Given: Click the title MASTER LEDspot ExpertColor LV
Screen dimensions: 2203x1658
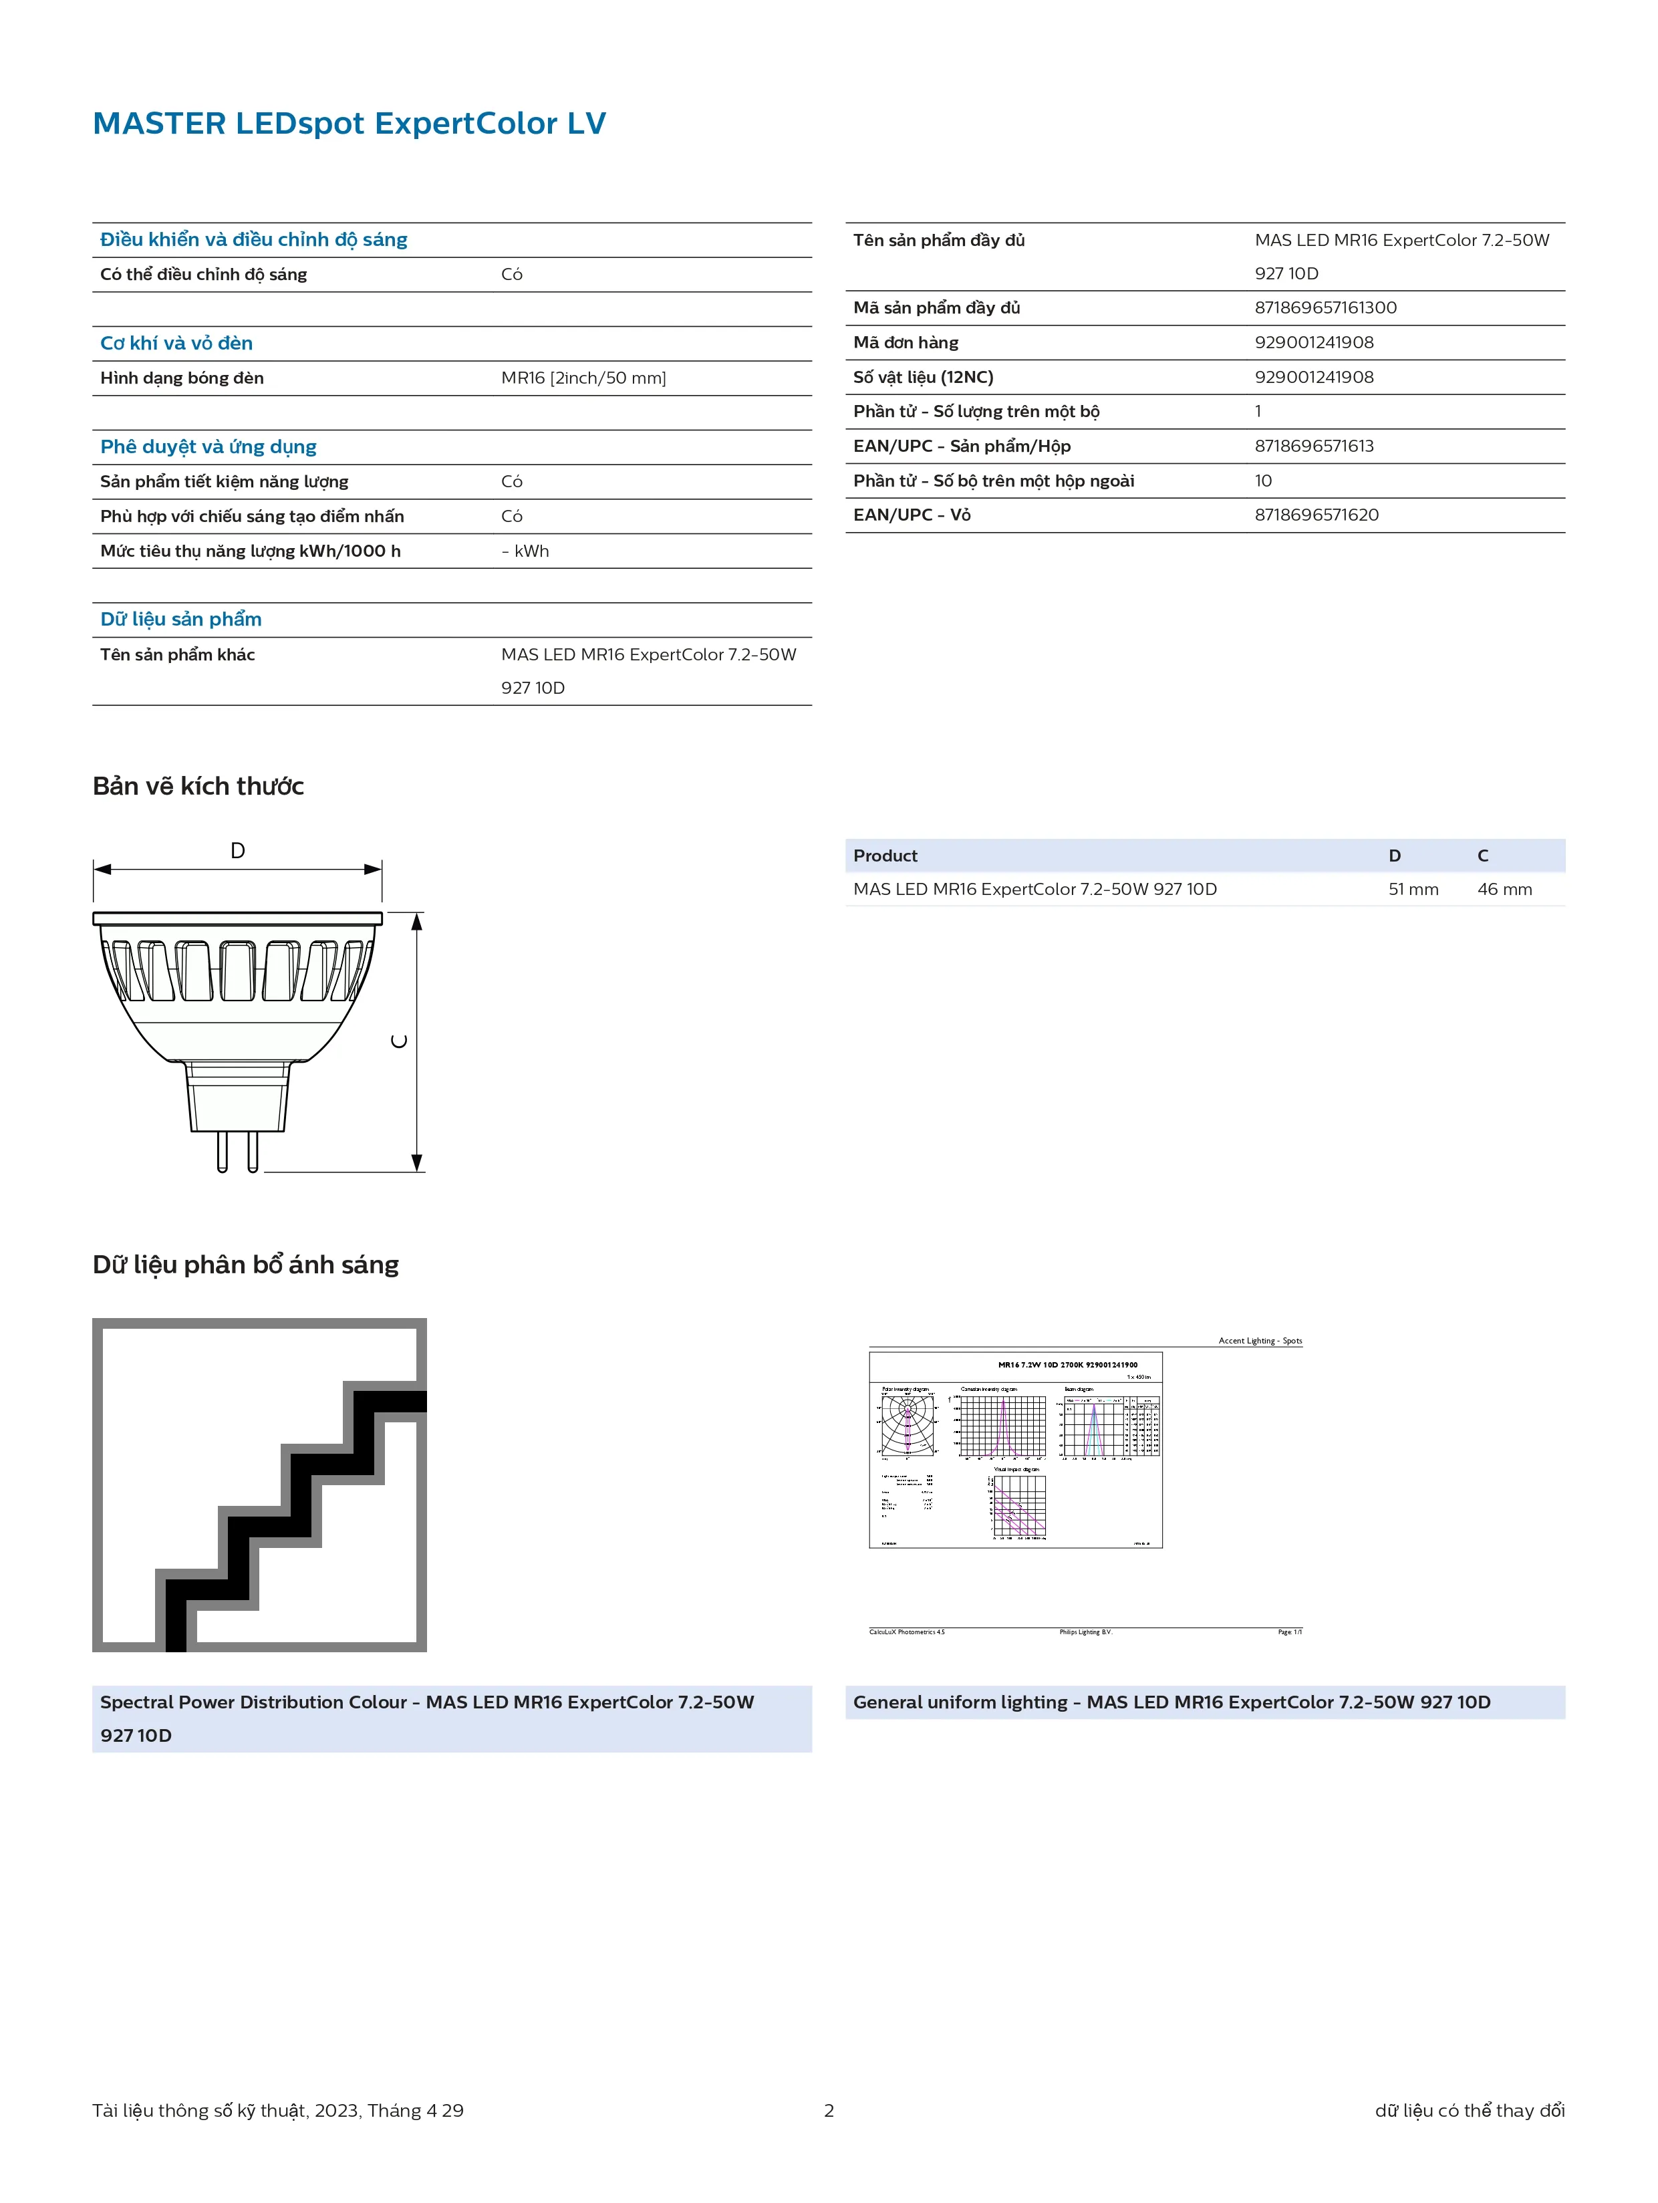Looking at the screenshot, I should tap(349, 124).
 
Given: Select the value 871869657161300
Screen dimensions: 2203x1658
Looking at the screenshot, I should tap(1325, 307).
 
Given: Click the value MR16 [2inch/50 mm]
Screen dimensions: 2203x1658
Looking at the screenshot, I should tap(583, 378).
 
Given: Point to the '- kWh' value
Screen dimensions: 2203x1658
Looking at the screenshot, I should tap(525, 551).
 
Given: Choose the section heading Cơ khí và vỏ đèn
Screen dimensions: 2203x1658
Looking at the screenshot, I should tap(176, 344).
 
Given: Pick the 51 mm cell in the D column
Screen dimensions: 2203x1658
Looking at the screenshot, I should tap(1412, 890).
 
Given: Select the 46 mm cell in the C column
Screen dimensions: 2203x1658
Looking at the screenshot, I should tap(1504, 890).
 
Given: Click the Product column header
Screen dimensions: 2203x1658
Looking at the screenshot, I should tap(885, 856).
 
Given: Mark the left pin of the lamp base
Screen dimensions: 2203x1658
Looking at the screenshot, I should tap(222, 1152).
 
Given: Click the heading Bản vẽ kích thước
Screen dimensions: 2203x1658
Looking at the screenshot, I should tap(198, 787).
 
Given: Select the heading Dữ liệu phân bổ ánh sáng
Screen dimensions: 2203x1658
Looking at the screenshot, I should tap(245, 1265).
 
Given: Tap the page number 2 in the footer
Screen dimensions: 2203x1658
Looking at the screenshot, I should tap(829, 2110).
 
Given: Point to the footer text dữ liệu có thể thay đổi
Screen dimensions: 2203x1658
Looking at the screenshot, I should tap(1469, 2110).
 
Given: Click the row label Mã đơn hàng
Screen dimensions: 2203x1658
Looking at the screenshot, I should tap(905, 343).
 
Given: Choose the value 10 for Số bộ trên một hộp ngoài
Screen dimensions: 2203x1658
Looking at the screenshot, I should tap(1262, 481).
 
